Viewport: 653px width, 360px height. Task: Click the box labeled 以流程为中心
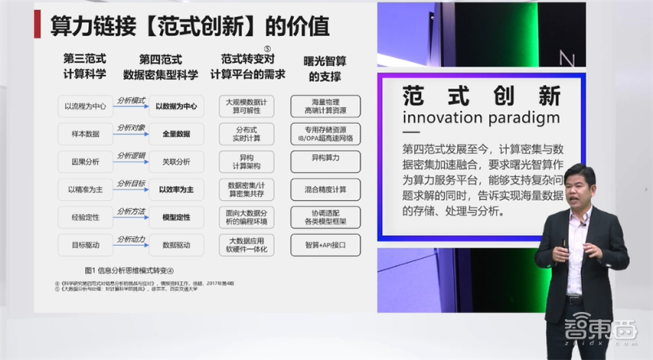tap(79, 106)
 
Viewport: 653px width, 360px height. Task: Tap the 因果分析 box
tap(79, 162)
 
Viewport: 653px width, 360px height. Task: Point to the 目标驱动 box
tap(79, 245)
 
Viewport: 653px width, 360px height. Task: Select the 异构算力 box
tap(325, 162)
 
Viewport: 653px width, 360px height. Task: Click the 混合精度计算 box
tap(325, 189)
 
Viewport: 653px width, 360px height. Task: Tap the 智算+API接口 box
tap(325, 245)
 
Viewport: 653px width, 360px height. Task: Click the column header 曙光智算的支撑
tap(325, 68)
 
